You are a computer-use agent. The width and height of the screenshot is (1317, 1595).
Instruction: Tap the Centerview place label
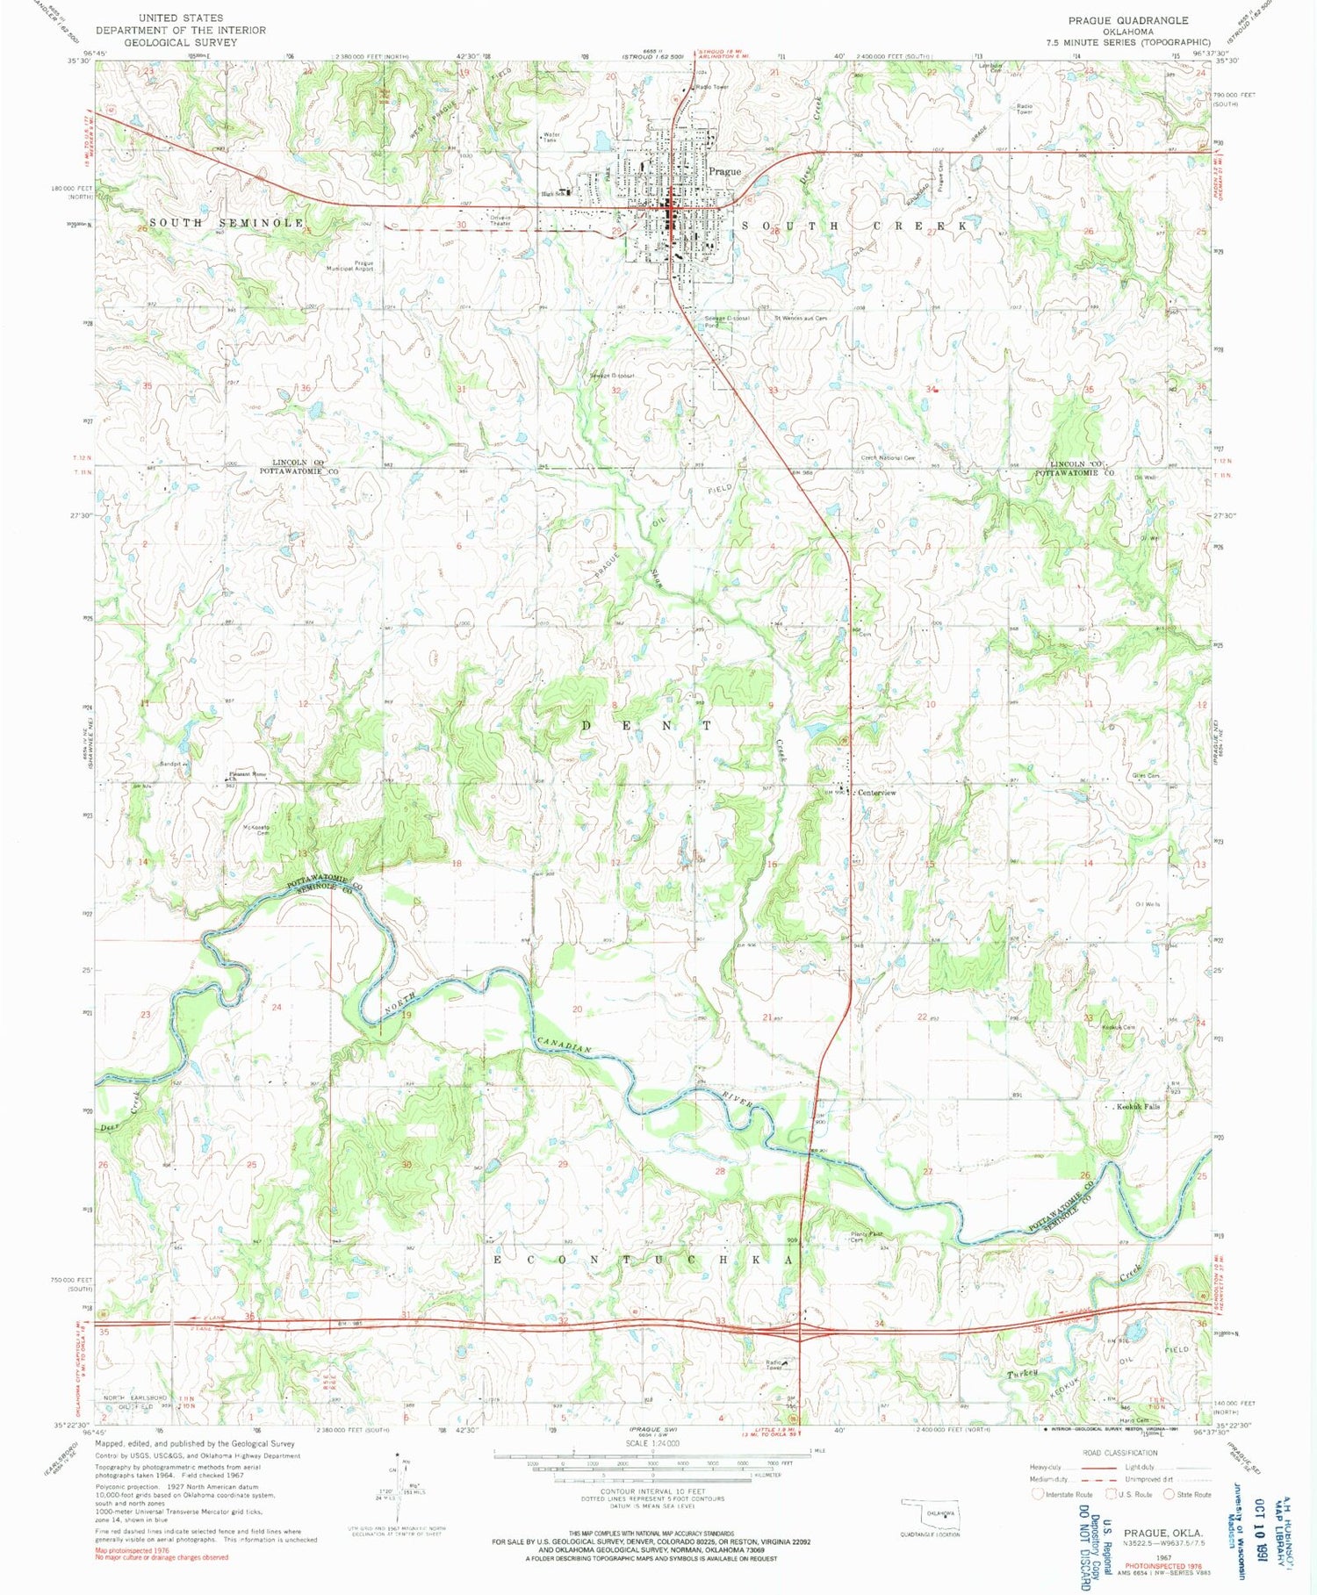pyautogui.click(x=876, y=793)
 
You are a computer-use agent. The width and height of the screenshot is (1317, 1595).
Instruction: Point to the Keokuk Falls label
pyautogui.click(x=1139, y=1107)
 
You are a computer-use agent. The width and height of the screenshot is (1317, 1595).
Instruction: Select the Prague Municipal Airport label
pyautogui.click(x=351, y=266)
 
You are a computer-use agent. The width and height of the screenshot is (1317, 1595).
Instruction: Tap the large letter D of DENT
pyautogui.click(x=587, y=725)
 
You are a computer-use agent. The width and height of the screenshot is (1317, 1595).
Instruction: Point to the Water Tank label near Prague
pyautogui.click(x=551, y=137)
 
